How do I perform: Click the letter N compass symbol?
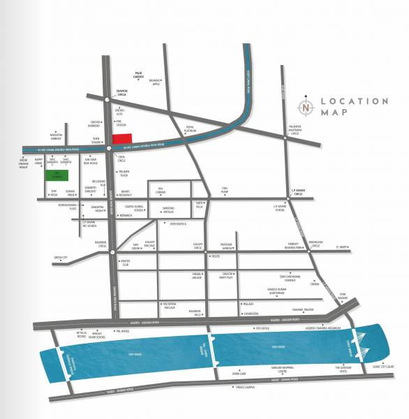click(x=306, y=108)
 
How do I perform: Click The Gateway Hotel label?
click(x=345, y=369)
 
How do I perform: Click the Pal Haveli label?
click(x=123, y=330)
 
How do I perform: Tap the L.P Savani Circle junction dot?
click(x=285, y=200)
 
